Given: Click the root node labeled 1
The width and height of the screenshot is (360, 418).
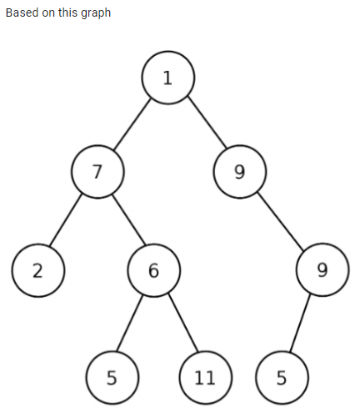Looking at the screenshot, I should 167,78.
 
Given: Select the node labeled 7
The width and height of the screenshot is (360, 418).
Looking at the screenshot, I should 97,172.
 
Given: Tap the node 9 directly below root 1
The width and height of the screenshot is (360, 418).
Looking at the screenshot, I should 240,173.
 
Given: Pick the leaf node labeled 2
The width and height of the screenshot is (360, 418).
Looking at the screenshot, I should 38,270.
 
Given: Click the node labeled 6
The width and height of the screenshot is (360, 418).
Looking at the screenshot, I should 153,270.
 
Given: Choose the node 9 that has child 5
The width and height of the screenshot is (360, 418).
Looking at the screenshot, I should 322,269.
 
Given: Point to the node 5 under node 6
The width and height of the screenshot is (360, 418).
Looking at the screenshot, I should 111,377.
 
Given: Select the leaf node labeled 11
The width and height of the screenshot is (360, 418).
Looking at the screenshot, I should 205,377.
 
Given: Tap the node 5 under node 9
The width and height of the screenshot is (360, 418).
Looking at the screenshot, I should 281,377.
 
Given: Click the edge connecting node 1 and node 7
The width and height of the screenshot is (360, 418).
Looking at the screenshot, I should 132,125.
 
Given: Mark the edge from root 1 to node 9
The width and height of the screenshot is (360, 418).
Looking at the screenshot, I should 204,125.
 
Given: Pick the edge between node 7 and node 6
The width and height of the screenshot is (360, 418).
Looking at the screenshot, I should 125,221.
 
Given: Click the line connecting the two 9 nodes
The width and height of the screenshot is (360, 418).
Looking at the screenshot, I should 281,221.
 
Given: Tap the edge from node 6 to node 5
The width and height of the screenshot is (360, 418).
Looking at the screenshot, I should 132,324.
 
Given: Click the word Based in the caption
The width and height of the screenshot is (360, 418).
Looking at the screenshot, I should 22,13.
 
